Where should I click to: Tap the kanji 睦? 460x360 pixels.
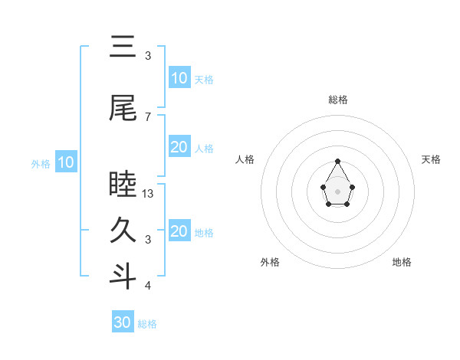123,185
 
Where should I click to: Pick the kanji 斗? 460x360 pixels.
123,277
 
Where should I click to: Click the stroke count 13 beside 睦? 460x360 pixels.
149,194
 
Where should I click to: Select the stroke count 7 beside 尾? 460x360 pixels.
148,117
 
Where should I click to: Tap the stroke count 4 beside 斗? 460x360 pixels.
148,286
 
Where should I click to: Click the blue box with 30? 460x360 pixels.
123,322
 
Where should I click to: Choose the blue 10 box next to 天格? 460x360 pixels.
179,78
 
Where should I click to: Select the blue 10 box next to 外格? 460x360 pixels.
66,162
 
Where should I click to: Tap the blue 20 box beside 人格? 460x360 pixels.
179,147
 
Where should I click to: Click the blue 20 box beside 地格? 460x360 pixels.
179,231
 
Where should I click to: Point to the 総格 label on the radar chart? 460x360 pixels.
338,100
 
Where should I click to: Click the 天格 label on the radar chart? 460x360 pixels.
432,159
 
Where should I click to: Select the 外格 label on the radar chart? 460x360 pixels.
270,262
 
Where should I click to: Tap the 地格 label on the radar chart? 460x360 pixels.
402,262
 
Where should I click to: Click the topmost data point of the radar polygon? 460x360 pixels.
338,161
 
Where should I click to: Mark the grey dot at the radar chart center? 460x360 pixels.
338,191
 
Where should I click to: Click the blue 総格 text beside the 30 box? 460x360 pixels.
147,324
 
